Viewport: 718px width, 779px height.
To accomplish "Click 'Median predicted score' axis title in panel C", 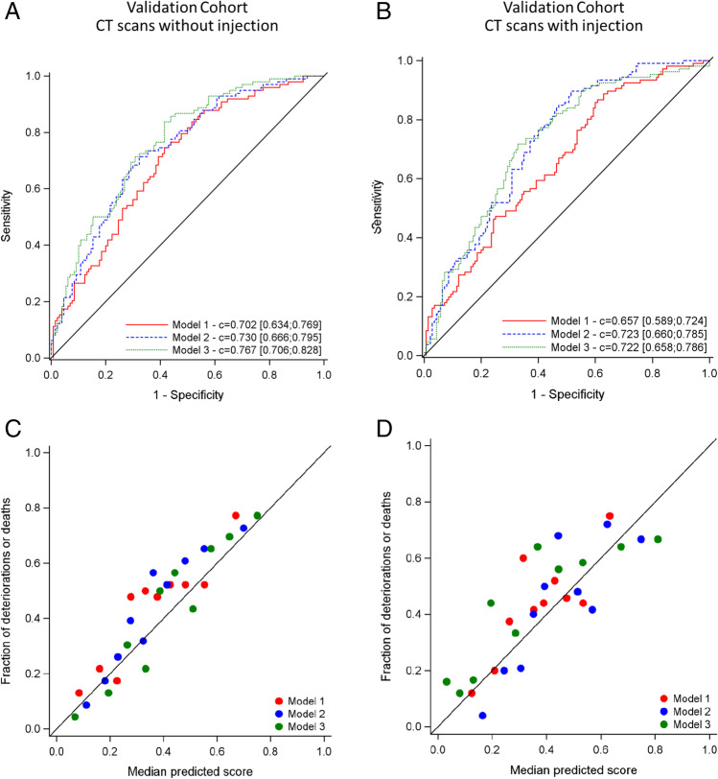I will pyautogui.click(x=187, y=767).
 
